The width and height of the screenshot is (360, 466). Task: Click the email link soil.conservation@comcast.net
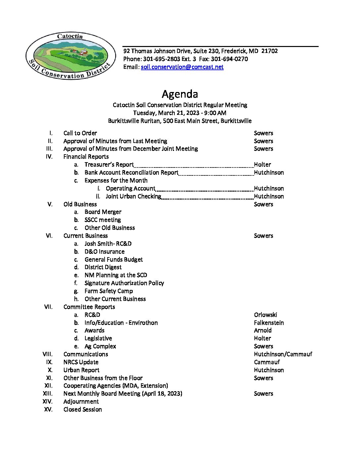coord(182,67)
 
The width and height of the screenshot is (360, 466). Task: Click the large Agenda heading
coord(180,94)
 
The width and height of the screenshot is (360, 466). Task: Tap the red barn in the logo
coord(83,52)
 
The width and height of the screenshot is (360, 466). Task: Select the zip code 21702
coord(269,51)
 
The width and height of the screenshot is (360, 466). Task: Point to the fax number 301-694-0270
coord(229,59)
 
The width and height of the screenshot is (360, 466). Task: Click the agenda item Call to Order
coord(80,133)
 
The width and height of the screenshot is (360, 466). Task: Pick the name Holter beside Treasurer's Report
coord(262,164)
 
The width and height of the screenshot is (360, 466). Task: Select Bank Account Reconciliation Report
coord(131,172)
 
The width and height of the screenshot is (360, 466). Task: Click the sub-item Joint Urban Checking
coord(133,196)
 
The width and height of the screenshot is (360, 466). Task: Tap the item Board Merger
coord(103,212)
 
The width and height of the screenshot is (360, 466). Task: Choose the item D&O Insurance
coord(105,252)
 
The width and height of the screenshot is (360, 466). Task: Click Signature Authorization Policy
coord(124,283)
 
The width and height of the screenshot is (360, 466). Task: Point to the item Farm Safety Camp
coord(109,291)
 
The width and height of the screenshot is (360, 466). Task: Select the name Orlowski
coord(265,315)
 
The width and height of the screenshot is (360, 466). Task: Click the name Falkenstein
coord(269,323)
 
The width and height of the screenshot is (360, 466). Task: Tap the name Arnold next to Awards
coord(263,330)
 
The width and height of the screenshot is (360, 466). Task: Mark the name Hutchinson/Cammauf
coord(283,354)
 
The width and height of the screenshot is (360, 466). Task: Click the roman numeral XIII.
coord(48,394)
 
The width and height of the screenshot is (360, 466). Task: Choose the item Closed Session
coord(82,409)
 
